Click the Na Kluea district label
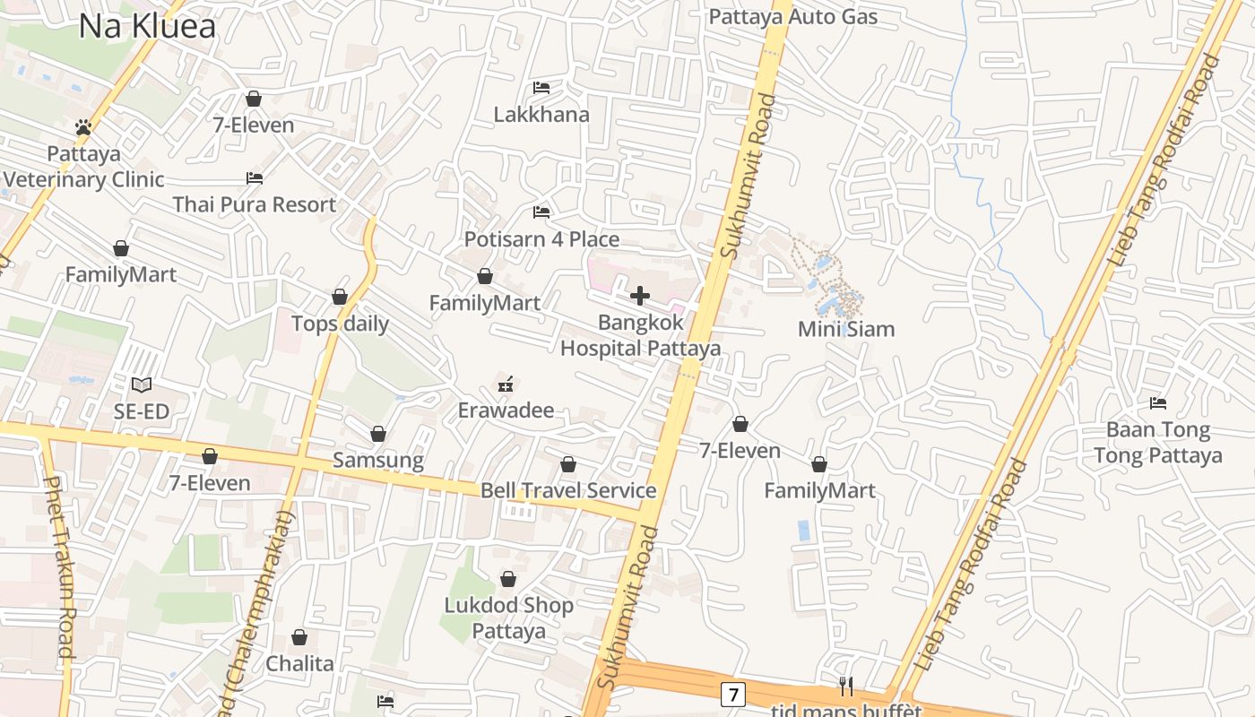point(147,26)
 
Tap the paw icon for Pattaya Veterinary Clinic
point(83,127)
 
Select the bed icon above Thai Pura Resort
point(255,177)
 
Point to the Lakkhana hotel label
point(541,115)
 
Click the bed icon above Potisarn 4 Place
point(541,212)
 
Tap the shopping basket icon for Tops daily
point(340,297)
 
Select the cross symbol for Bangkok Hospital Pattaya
point(640,296)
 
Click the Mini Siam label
point(846,329)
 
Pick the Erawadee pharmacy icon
point(506,384)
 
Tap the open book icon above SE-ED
point(142,385)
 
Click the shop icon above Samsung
point(378,434)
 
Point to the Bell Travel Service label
point(568,490)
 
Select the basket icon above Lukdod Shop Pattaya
point(508,579)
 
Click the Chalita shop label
point(299,664)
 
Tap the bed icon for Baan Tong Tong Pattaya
point(1158,403)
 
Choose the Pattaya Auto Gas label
point(793,16)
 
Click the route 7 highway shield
point(733,694)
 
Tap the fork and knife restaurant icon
point(845,687)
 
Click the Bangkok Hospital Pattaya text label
point(640,335)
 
